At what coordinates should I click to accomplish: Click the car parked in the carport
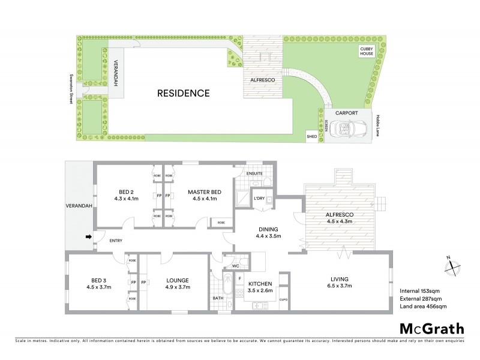coord(347,128)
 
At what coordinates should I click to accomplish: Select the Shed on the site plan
coord(311,136)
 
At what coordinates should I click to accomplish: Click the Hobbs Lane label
coord(380,125)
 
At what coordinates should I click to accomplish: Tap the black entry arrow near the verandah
coord(89,237)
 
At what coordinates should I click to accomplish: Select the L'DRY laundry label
coord(259,198)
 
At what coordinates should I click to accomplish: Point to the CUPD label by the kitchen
coord(283,299)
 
